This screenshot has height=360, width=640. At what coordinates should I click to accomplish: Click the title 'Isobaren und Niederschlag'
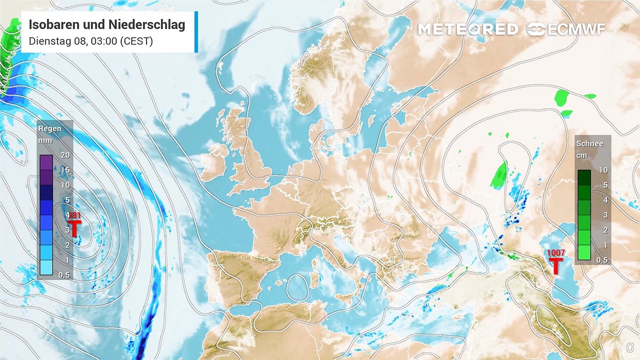(x=107, y=25)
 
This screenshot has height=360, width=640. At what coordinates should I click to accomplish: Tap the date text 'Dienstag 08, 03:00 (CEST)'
(x=90, y=41)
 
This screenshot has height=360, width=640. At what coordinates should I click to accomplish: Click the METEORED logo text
(x=467, y=29)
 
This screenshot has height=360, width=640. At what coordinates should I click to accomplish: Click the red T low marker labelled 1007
(x=555, y=265)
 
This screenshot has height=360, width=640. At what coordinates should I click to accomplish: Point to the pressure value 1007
(x=556, y=253)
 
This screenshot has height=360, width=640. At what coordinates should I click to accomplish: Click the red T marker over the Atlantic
(x=74, y=228)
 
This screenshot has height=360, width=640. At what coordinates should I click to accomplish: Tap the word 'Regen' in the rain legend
(x=50, y=129)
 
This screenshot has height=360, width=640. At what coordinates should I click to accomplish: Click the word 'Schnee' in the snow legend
(x=589, y=144)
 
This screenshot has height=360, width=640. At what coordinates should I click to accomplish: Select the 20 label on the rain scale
(x=64, y=155)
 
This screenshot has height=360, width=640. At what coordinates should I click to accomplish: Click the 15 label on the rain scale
(x=64, y=170)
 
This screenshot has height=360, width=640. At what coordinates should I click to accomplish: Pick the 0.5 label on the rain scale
(x=64, y=274)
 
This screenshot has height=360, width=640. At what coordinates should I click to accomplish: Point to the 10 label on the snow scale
(x=603, y=170)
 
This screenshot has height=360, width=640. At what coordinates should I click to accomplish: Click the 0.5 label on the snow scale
(x=602, y=260)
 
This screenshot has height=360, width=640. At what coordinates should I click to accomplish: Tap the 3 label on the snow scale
(x=604, y=215)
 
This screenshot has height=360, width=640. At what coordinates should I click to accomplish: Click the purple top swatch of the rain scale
(x=46, y=162)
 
